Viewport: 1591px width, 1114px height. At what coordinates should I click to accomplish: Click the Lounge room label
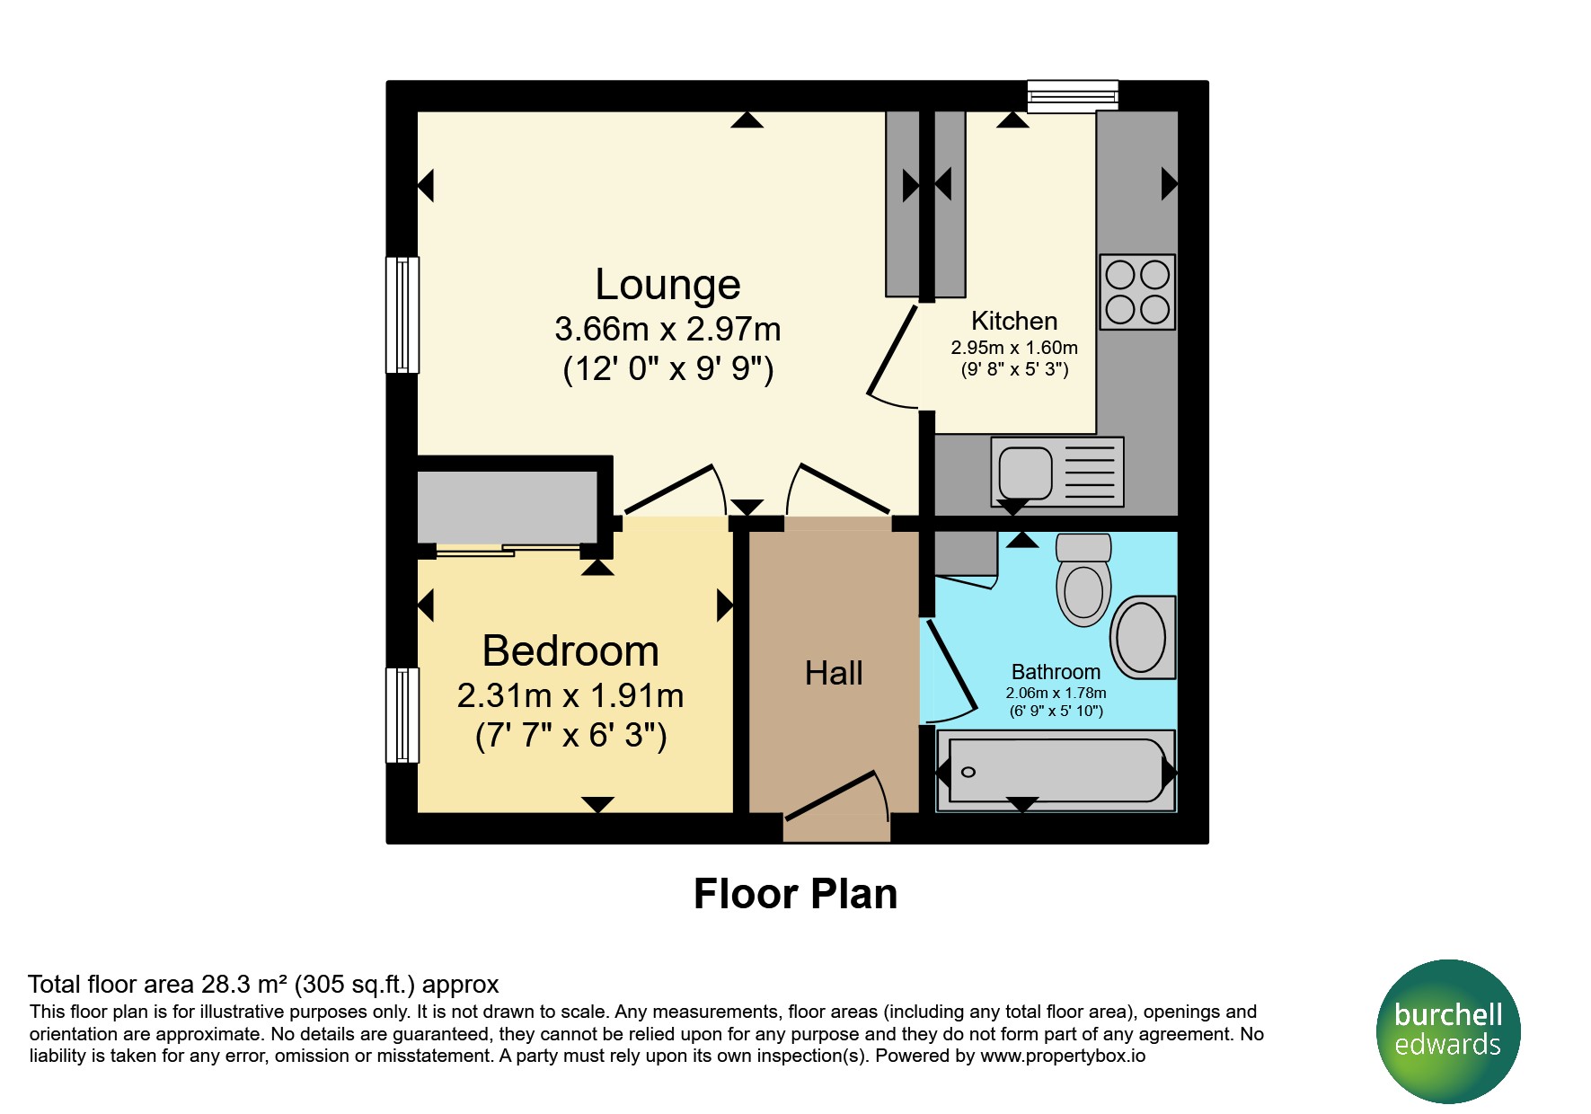click(667, 285)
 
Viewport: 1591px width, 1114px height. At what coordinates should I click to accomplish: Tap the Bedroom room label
click(570, 650)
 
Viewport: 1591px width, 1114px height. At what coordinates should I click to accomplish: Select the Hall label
click(834, 673)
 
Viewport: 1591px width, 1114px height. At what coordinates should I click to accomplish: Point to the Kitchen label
click(1014, 321)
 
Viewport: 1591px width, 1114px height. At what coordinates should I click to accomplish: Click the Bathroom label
click(1056, 672)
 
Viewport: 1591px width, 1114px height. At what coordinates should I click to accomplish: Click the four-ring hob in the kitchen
click(1137, 292)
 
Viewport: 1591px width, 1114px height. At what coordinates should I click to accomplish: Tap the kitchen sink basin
click(1025, 473)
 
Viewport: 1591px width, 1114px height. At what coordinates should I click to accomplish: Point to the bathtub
click(1056, 771)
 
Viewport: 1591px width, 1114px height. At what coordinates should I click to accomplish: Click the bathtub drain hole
click(968, 773)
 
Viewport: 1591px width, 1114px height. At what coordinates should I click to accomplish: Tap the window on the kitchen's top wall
click(1073, 96)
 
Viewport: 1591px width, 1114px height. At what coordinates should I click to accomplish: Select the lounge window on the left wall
click(402, 314)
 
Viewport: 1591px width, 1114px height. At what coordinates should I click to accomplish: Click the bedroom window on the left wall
click(402, 715)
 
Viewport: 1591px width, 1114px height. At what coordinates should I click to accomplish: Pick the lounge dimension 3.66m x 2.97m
click(667, 329)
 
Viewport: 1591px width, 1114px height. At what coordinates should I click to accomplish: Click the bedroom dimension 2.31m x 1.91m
click(570, 695)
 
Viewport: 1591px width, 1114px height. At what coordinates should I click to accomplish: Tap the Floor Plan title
click(795, 894)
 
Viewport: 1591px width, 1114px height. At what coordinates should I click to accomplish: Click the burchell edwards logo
click(1448, 1031)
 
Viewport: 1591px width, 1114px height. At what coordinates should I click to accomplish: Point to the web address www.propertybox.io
click(1063, 1056)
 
